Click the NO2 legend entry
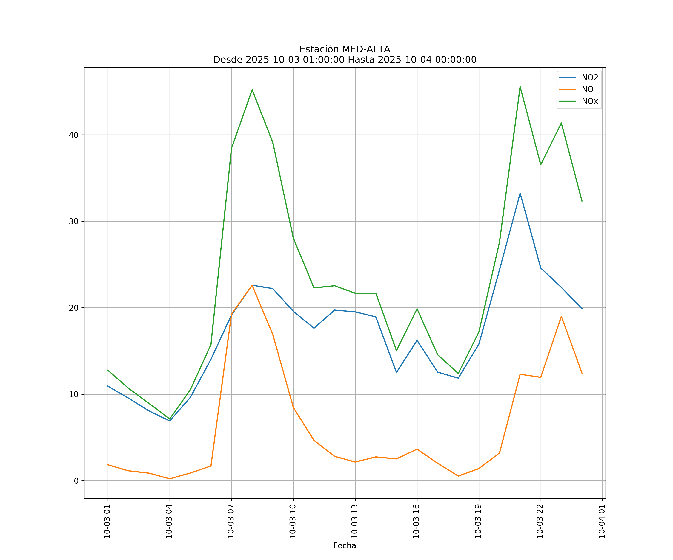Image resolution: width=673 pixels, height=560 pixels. pyautogui.click(x=590, y=78)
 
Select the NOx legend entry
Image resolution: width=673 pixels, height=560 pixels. pyautogui.click(x=590, y=101)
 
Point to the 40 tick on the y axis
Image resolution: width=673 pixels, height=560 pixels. pyautogui.click(x=73, y=135)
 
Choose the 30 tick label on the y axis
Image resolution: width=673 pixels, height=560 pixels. pyautogui.click(x=73, y=221)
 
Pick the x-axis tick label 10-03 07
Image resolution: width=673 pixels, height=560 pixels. pyautogui.click(x=231, y=521)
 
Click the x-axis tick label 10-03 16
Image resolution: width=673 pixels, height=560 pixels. pyautogui.click(x=416, y=521)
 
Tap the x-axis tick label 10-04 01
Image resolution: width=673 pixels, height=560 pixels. pyautogui.click(x=602, y=521)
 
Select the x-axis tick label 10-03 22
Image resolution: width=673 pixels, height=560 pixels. pyautogui.click(x=540, y=521)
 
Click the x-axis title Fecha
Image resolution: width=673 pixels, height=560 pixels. pyautogui.click(x=345, y=546)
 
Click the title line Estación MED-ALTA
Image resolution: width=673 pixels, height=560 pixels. pyautogui.click(x=345, y=49)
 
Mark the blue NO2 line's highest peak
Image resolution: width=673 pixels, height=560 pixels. pyautogui.click(x=520, y=193)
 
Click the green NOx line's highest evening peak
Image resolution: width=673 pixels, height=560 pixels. pyautogui.click(x=520, y=87)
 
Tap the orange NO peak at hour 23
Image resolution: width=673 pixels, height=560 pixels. pyautogui.click(x=561, y=316)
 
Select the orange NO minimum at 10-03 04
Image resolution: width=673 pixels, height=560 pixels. pyautogui.click(x=170, y=479)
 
